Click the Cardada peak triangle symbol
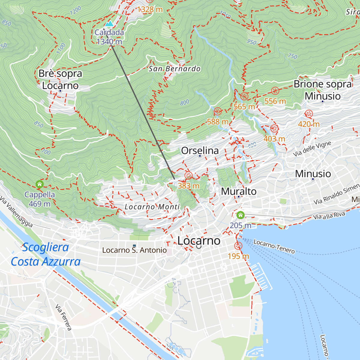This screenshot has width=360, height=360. [x=109, y=24]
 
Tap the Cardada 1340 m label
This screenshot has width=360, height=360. [x=109, y=37]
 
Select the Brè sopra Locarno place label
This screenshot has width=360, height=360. [x=60, y=79]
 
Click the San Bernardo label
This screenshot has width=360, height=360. [x=175, y=69]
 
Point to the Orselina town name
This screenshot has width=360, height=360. [x=200, y=151]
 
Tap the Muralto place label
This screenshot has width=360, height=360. [x=239, y=191]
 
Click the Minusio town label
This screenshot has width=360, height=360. [x=313, y=174]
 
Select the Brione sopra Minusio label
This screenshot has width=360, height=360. [x=323, y=90]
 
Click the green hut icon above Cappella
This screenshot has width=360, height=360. [x=40, y=184]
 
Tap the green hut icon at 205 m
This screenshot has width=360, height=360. [x=240, y=215]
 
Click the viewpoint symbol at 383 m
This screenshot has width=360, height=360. [x=188, y=175]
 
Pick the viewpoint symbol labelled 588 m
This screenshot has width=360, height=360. [x=218, y=111]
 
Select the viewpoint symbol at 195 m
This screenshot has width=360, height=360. [x=238, y=246]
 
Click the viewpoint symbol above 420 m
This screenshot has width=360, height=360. [x=309, y=114]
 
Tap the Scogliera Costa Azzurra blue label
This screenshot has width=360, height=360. [x=46, y=255]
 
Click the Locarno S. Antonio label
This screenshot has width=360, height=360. [x=134, y=250]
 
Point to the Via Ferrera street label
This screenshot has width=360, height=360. [x=64, y=317]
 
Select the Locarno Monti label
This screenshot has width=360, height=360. [x=152, y=207]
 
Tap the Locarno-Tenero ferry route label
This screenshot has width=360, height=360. [x=274, y=246]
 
